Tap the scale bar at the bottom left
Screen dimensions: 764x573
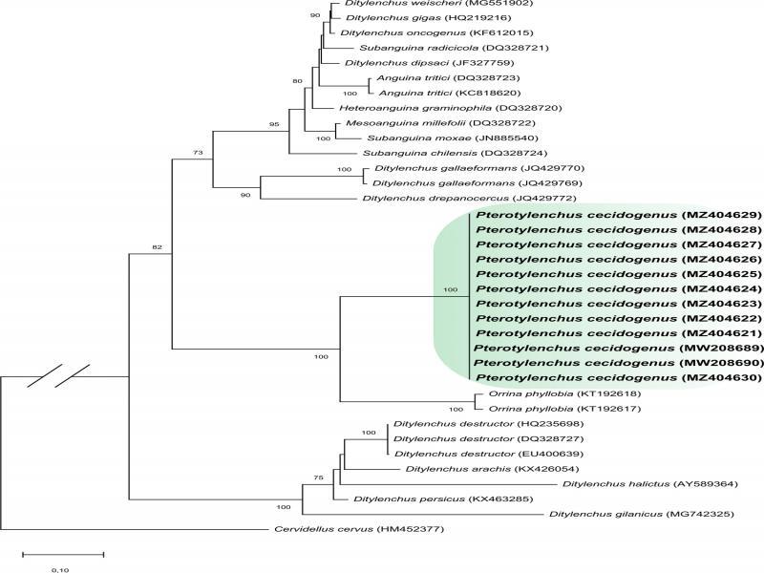point(63,554)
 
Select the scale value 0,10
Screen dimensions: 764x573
point(60,569)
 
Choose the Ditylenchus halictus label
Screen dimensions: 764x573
point(616,484)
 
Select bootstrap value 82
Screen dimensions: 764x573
point(157,247)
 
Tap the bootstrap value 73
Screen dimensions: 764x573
point(198,153)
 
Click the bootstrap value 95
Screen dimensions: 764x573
point(274,124)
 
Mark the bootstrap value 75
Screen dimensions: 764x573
point(318,477)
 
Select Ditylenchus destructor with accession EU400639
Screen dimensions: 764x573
point(489,454)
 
